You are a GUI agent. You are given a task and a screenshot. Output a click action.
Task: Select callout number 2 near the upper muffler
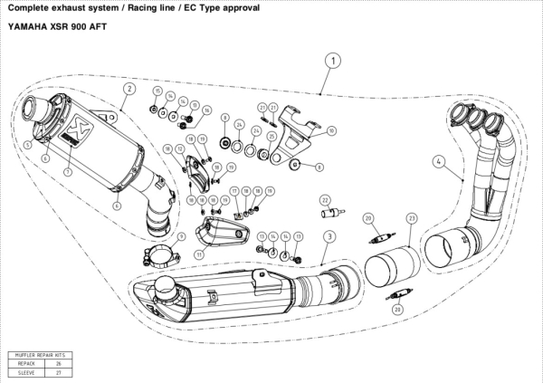coord(130,89)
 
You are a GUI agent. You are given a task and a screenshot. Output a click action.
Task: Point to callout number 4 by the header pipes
coord(437,162)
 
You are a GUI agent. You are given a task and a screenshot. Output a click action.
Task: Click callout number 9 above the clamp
coord(181,236)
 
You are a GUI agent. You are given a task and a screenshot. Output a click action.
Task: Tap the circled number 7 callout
coord(67,169)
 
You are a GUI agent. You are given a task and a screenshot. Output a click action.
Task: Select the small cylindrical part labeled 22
coord(331,215)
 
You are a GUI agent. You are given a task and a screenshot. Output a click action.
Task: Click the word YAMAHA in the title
coord(28,25)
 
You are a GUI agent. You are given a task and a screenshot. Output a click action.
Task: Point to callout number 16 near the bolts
coord(207,110)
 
